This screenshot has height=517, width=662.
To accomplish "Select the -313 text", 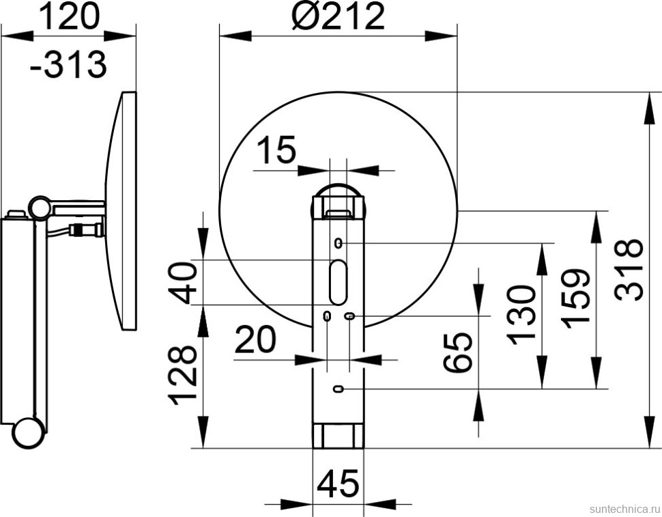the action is point(68,64).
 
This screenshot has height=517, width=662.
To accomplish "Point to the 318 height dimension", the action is point(629,270).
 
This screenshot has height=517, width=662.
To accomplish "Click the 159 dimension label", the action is point(575,298).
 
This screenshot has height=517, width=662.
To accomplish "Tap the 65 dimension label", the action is point(457,352).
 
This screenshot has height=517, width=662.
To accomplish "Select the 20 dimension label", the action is point(255,339).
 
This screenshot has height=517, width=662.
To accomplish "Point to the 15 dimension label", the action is point(276,150).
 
